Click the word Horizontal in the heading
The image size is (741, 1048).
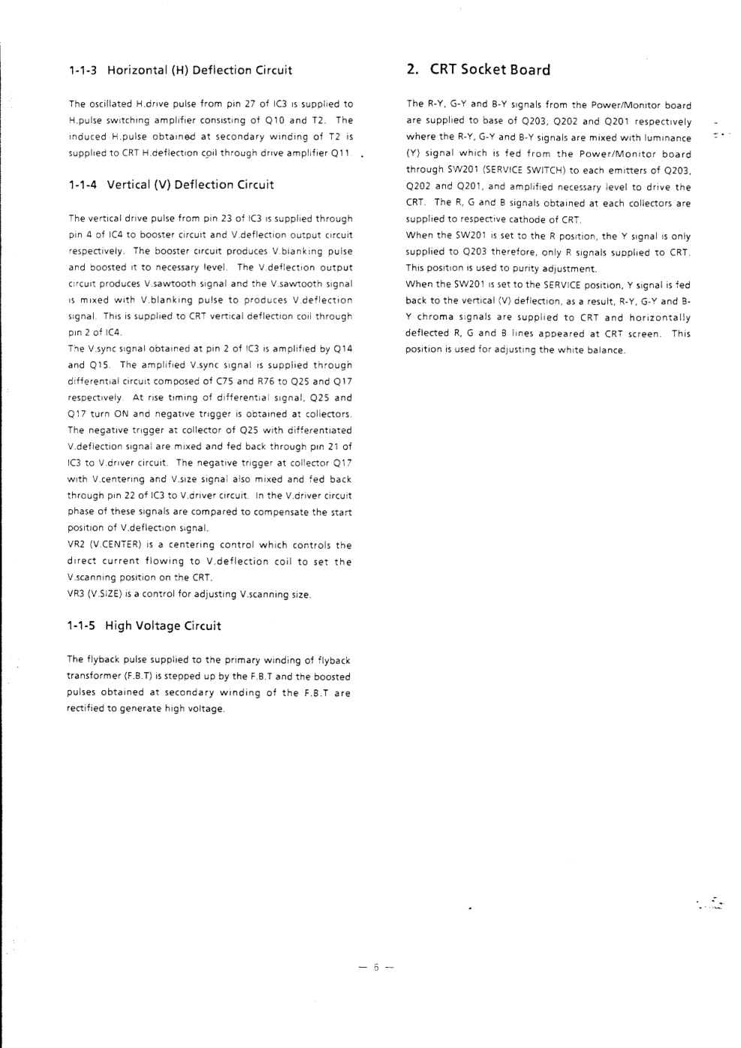point(137,71)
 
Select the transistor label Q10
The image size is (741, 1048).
point(299,120)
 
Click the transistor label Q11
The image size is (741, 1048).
point(342,153)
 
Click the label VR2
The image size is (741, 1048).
point(76,545)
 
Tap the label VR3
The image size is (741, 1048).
point(76,594)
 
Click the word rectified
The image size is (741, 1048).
point(86,709)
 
